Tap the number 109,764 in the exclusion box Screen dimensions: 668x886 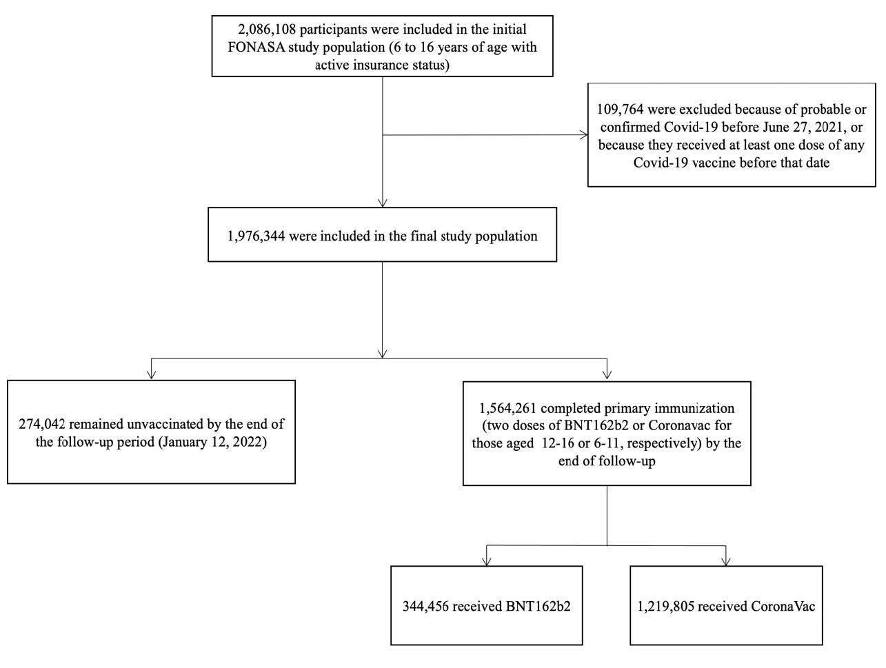tap(622, 110)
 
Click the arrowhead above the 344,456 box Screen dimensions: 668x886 tap(487, 561)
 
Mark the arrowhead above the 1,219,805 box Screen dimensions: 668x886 tap(725, 561)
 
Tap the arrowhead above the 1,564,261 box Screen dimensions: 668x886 tap(607, 376)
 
